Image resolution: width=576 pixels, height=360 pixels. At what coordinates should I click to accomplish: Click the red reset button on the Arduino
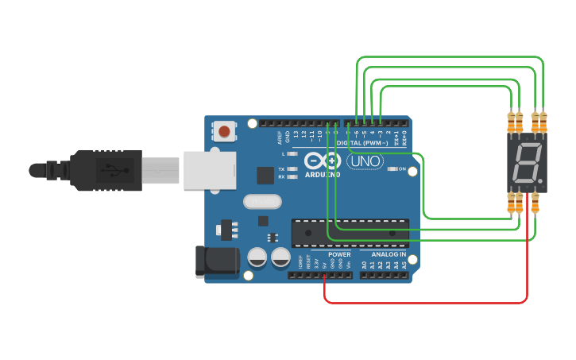click(225, 131)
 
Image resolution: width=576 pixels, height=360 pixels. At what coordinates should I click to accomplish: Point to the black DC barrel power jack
click(216, 261)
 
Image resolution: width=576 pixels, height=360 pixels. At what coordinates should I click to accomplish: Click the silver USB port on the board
click(210, 170)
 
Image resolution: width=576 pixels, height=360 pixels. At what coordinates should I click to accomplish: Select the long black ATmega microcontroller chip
click(349, 230)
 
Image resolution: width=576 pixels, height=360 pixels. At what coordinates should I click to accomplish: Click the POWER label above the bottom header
click(339, 255)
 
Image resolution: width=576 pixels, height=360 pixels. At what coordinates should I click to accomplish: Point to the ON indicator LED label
click(403, 169)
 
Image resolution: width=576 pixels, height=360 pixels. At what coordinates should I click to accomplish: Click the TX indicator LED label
click(281, 169)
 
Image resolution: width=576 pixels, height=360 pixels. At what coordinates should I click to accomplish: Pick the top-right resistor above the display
click(544, 122)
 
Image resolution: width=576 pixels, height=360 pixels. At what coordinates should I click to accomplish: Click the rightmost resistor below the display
click(536, 204)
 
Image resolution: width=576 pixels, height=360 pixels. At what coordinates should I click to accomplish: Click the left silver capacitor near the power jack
click(257, 257)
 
